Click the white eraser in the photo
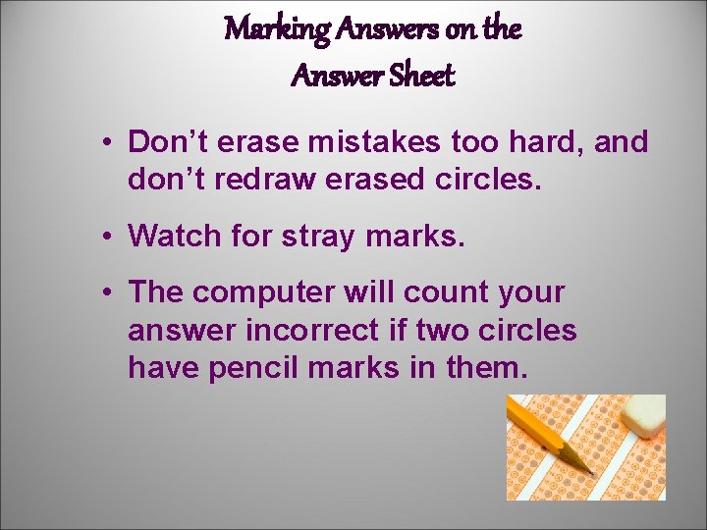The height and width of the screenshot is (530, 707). (x=642, y=416)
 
